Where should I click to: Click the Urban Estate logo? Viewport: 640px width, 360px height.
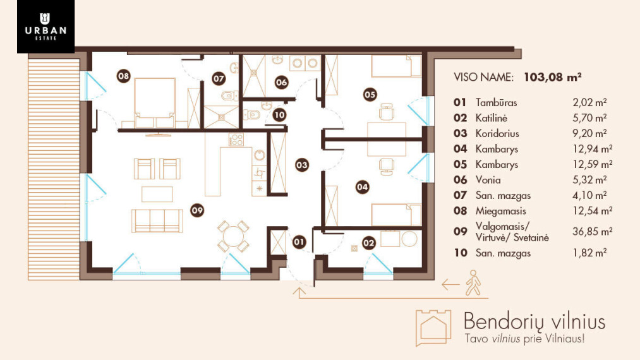[45, 27]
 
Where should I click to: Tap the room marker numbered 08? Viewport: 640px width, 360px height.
[123, 76]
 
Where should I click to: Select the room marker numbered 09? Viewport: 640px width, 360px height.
[197, 210]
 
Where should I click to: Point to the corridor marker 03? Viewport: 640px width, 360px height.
[302, 165]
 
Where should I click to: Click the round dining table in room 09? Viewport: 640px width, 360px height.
[233, 236]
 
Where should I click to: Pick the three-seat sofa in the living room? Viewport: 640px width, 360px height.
[157, 221]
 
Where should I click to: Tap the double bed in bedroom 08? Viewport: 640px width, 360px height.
[155, 102]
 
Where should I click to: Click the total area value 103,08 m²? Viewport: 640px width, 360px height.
[553, 76]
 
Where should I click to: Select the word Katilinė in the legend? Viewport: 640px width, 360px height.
[492, 118]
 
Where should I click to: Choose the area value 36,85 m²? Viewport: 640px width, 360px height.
[592, 231]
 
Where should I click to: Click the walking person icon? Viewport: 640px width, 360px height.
[473, 282]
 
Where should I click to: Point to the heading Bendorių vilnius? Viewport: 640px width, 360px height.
[534, 321]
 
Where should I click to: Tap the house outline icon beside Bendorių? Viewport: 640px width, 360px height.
[433, 328]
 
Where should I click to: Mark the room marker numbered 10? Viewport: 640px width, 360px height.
[279, 115]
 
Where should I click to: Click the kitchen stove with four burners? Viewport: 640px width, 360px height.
[236, 140]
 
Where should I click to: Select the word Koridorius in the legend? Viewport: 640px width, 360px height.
[497, 133]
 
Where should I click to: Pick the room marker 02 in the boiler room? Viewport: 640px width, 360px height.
[368, 243]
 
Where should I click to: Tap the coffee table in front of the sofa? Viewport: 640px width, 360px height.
[157, 195]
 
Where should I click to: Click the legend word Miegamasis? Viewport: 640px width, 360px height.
[501, 211]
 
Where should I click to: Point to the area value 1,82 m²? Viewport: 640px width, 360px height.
[589, 253]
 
